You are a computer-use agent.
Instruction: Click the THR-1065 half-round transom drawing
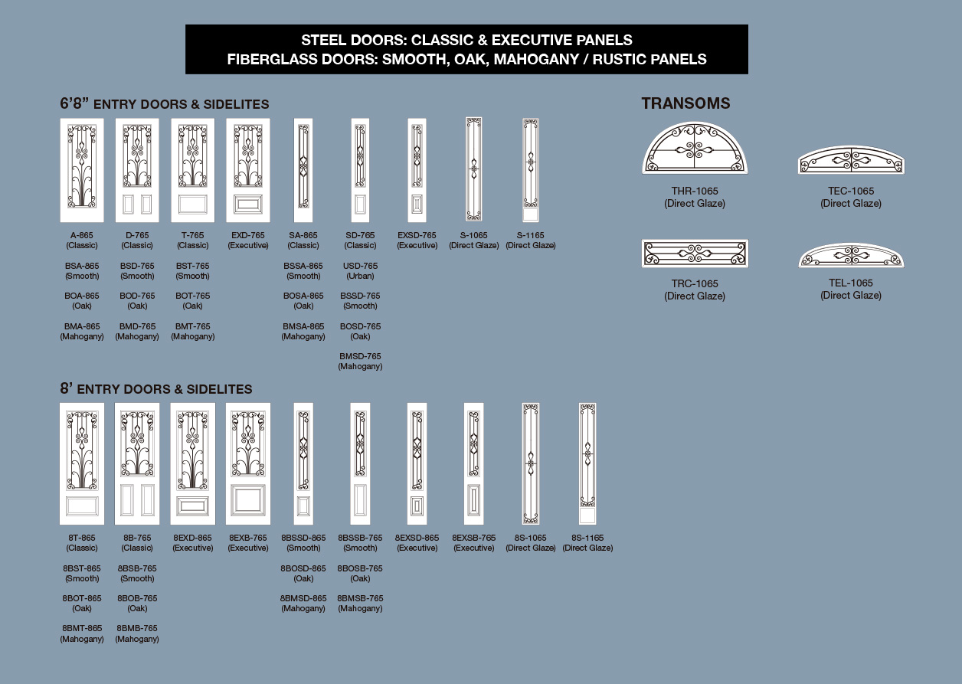(x=695, y=148)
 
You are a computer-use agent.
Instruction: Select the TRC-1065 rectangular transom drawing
(x=695, y=254)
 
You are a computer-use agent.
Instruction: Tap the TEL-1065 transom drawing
(x=851, y=255)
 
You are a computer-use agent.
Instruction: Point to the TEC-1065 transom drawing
(x=851, y=160)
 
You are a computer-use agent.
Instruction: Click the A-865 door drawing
(x=82, y=170)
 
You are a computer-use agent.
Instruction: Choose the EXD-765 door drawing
(x=248, y=170)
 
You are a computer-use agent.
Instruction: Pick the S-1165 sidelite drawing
(x=530, y=170)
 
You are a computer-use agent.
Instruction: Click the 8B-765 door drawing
(x=137, y=463)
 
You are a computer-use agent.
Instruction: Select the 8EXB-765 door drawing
(x=248, y=463)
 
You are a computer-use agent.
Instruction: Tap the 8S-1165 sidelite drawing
(x=587, y=463)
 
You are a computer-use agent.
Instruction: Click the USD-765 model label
(x=360, y=266)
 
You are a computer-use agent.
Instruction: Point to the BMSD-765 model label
(x=360, y=356)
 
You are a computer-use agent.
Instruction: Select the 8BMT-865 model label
(x=82, y=628)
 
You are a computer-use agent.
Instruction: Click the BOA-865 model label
(x=82, y=296)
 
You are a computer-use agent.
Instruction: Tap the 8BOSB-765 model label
(x=360, y=568)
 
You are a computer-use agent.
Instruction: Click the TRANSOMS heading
(x=686, y=103)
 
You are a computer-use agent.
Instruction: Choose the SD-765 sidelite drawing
(x=360, y=170)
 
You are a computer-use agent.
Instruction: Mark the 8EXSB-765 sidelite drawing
(x=473, y=463)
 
